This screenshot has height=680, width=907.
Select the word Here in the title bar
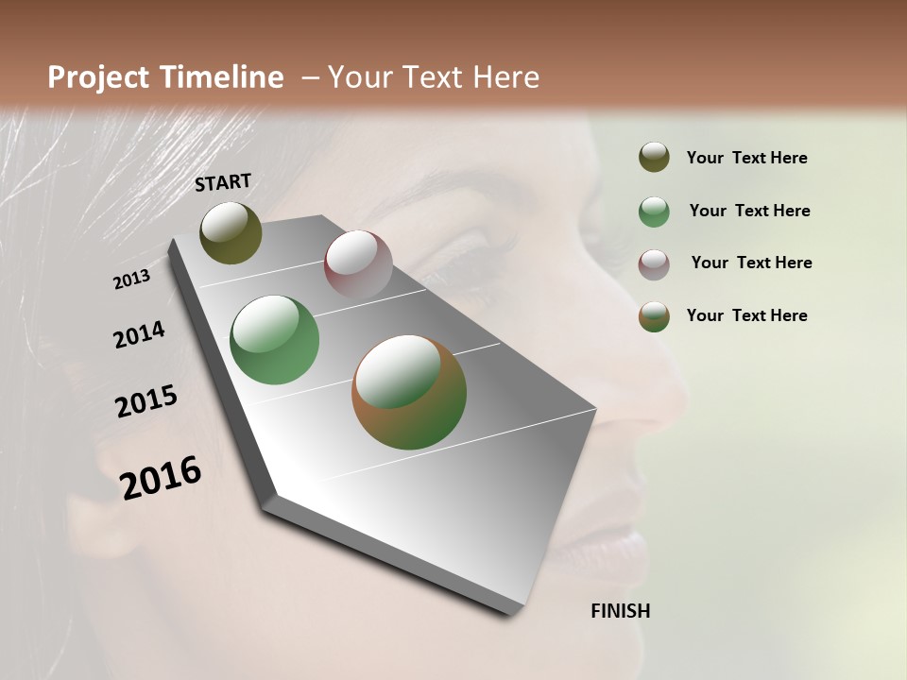point(505,77)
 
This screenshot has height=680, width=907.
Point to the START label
point(223,182)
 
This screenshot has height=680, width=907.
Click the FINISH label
point(621,611)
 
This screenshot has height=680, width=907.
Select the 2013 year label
point(131,280)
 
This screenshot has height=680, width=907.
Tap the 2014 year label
point(139,334)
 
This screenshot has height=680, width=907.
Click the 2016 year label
point(161,478)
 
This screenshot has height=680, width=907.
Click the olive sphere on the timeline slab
point(231,232)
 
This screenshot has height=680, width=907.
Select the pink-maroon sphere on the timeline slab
point(358,263)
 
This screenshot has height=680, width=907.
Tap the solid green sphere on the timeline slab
point(274,340)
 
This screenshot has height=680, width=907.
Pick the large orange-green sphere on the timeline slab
point(409,391)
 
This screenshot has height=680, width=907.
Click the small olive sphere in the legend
point(654,158)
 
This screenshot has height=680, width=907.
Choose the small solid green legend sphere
point(654,212)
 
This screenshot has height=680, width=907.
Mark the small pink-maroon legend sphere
point(654,263)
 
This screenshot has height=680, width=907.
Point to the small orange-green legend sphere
point(654,316)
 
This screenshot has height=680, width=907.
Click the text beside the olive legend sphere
point(746,159)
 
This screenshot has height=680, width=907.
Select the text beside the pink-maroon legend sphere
point(751,263)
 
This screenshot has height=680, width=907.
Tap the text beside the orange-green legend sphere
point(746,315)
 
